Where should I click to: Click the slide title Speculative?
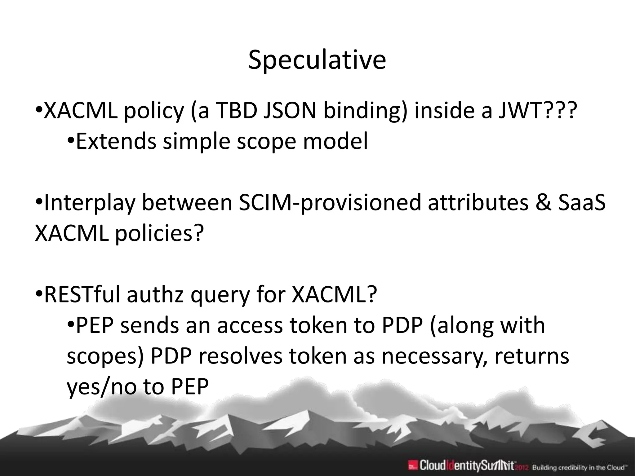317,60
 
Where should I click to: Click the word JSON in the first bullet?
290,111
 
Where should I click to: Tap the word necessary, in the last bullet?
434,356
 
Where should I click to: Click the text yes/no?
102,387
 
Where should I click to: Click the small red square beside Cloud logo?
412,465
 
